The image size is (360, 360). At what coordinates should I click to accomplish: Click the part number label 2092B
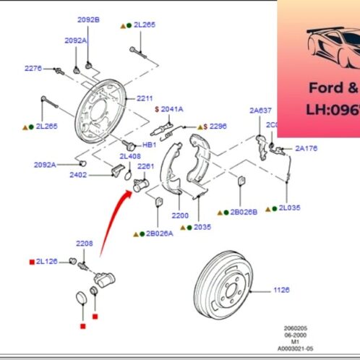click(89, 19)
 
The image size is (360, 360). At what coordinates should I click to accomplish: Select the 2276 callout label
click(33, 68)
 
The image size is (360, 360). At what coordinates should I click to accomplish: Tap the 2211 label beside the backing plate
click(145, 98)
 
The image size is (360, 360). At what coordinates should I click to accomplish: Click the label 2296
click(218, 125)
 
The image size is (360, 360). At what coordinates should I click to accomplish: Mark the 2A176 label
click(306, 149)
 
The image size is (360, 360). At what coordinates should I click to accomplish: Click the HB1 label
click(149, 145)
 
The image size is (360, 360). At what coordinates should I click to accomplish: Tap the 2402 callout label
click(79, 174)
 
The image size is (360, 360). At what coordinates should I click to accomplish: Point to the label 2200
click(180, 215)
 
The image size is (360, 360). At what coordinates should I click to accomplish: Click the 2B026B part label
click(244, 213)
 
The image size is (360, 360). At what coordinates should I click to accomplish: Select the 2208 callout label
click(85, 244)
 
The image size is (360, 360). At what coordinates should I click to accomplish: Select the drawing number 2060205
click(293, 327)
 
